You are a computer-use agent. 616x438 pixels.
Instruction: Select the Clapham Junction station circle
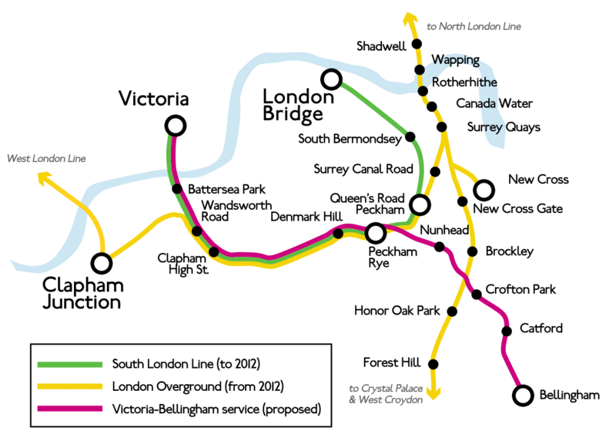[101, 263]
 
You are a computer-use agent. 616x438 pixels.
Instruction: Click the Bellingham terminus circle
[523, 396]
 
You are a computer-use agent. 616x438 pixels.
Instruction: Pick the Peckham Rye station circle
[375, 232]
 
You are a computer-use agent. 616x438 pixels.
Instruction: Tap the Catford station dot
[507, 331]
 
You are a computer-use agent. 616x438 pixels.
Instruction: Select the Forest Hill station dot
[434, 364]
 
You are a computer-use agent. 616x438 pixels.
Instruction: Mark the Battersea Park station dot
[176, 189]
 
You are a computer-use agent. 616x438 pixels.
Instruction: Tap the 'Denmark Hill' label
[306, 217]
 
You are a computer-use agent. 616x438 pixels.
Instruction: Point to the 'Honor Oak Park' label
[397, 311]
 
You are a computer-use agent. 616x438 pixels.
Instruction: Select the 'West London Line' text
[46, 159]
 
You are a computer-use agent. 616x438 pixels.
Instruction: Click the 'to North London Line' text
[474, 26]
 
